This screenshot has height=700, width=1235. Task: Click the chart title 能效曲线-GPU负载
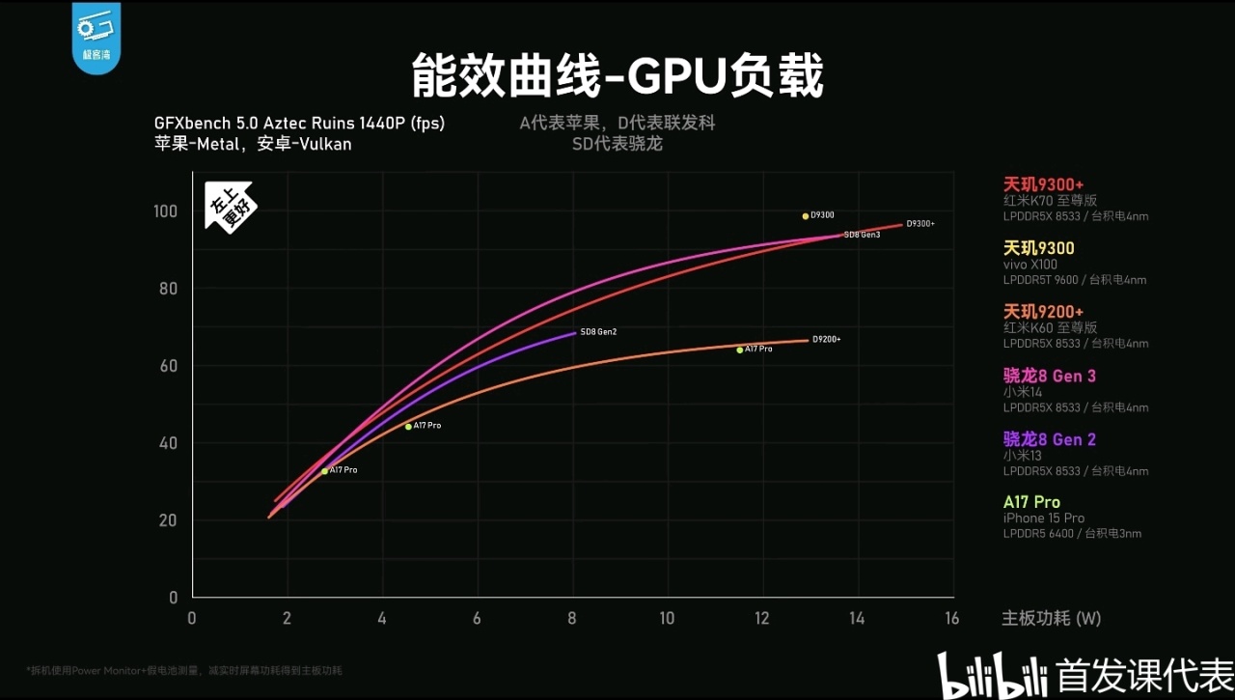pyautogui.click(x=617, y=76)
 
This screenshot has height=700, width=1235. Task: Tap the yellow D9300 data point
pyautogui.click(x=806, y=216)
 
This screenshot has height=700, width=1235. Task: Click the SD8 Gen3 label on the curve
pyautogui.click(x=862, y=235)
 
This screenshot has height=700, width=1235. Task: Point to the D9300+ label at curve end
pyautogui.click(x=920, y=224)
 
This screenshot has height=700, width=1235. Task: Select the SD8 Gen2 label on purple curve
pyautogui.click(x=598, y=332)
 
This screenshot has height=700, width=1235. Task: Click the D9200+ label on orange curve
pyautogui.click(x=826, y=339)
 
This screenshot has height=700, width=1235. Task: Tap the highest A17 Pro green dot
pyautogui.click(x=740, y=350)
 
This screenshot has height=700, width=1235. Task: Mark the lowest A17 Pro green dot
pyautogui.click(x=325, y=471)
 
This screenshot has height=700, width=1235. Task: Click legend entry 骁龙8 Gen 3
pyautogui.click(x=1050, y=376)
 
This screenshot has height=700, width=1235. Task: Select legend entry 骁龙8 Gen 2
pyautogui.click(x=1050, y=439)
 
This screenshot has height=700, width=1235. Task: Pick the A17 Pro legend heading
pyautogui.click(x=1031, y=502)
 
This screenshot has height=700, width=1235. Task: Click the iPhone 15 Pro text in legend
pyautogui.click(x=1044, y=518)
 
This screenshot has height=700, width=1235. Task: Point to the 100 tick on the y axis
pyautogui.click(x=166, y=211)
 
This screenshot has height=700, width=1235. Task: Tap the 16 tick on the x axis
pyautogui.click(x=951, y=619)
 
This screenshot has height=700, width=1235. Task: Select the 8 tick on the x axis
pyautogui.click(x=572, y=619)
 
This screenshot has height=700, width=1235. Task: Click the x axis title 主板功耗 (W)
pyautogui.click(x=1051, y=619)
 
